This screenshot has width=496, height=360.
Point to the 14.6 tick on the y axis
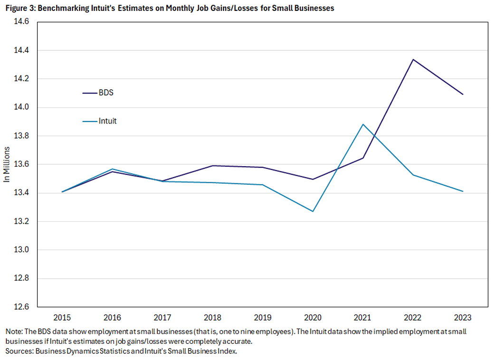[x=21, y=21]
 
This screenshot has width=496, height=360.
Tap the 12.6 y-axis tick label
[x=21, y=307]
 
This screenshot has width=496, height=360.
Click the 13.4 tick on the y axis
[x=21, y=193]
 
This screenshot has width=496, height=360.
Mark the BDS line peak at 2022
[x=412, y=59]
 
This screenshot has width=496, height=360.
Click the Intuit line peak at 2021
[x=362, y=124]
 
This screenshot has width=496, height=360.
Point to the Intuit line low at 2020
[x=313, y=211]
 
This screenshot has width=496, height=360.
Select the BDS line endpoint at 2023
[x=462, y=95]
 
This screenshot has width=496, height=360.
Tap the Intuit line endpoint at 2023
[x=462, y=191]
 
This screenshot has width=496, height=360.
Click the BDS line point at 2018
[x=212, y=166]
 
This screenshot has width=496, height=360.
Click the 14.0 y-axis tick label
[x=21, y=107]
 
